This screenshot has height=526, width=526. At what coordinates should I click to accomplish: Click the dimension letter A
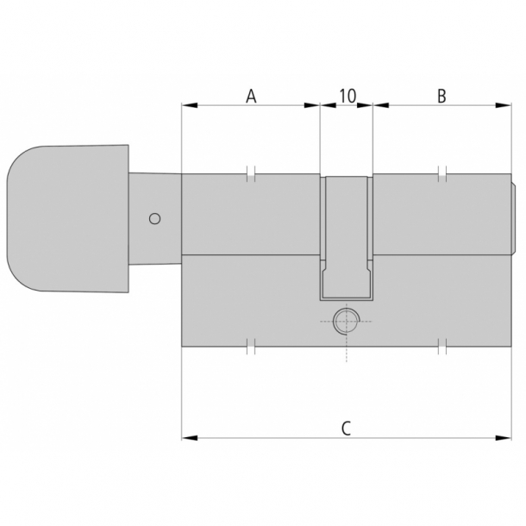click(251, 96)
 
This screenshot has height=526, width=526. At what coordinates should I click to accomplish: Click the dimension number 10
click(347, 96)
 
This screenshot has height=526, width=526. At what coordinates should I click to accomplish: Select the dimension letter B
click(441, 96)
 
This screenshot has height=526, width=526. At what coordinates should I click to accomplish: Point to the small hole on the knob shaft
click(154, 218)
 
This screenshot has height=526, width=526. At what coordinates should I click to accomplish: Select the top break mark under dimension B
click(441, 173)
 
